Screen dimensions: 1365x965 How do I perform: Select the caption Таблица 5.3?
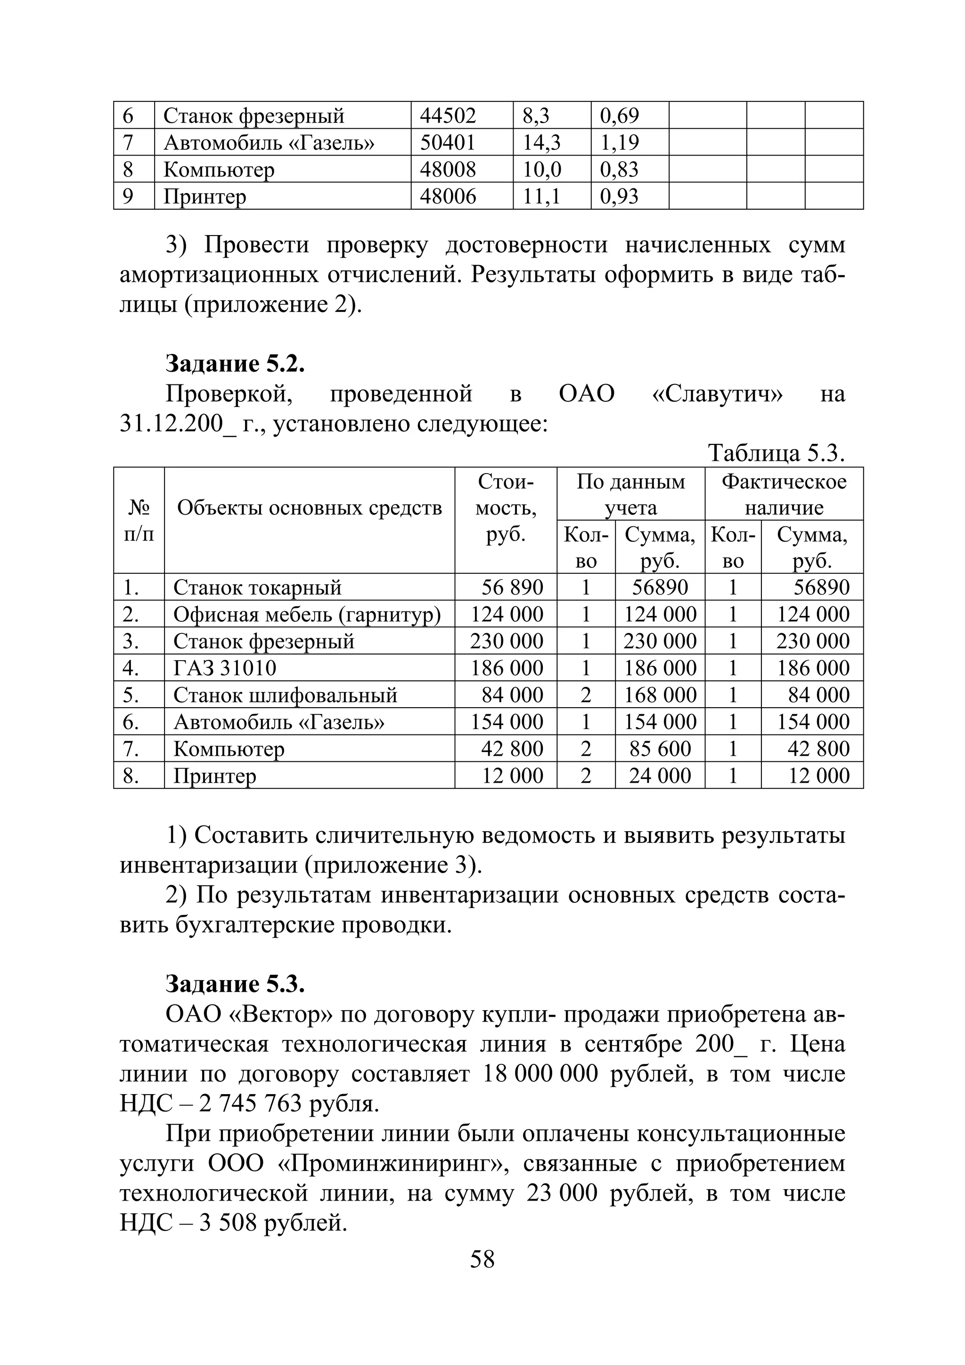[x=777, y=454]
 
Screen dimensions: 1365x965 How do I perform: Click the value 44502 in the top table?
[x=448, y=115]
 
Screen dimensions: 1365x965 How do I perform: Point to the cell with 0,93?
[x=619, y=196]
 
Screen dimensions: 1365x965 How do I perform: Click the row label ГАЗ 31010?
[x=225, y=668]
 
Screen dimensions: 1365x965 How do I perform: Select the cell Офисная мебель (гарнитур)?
[x=307, y=614]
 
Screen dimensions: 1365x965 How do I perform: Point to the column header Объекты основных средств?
[x=309, y=508]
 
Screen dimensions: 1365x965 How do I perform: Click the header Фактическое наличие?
[x=784, y=495]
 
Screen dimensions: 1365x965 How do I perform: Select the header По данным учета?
[x=630, y=495]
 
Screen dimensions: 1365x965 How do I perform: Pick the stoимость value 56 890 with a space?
[x=512, y=588]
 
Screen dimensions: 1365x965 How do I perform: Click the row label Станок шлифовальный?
[x=286, y=695]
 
